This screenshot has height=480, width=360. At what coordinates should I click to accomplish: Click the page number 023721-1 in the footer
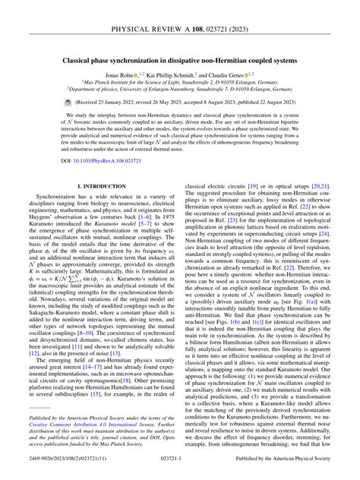point(180,469)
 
